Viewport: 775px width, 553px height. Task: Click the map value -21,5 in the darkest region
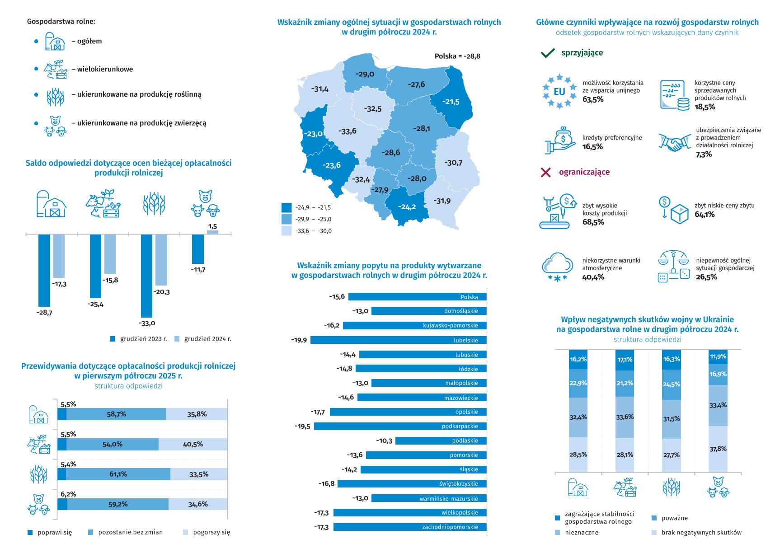451,102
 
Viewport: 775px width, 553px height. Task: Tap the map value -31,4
319,89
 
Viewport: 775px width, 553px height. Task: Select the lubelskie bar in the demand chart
398,340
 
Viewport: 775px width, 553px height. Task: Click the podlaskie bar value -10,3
384,441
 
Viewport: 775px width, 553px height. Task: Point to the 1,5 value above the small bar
212,226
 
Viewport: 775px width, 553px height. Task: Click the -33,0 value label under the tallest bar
147,323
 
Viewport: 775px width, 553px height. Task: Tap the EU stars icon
559,91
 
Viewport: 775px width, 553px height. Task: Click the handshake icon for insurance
674,143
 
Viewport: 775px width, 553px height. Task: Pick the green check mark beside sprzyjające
547,53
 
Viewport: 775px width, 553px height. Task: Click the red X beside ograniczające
545,172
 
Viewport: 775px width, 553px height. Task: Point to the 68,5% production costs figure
593,222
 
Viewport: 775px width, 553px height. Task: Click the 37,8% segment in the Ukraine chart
718,449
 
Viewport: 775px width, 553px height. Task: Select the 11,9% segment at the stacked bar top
718,356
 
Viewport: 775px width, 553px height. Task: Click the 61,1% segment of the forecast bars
118,474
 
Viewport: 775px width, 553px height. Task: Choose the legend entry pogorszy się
211,532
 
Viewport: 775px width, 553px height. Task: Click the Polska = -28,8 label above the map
457,56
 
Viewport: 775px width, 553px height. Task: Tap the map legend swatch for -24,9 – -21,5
287,207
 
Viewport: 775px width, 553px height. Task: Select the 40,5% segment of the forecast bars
193,444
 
